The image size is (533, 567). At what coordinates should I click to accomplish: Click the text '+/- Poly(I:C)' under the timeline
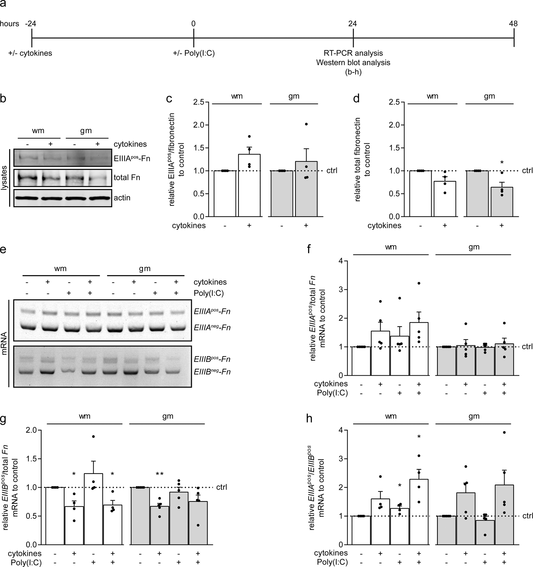tap(194, 53)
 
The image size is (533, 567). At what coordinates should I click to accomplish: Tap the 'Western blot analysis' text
tap(353, 62)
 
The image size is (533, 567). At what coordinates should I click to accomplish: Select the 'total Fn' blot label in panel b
tap(127, 178)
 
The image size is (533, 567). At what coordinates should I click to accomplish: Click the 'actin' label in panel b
tap(122, 198)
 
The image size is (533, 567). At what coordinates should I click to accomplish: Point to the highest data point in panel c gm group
tap(306, 124)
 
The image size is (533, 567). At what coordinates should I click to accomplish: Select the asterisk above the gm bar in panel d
tap(502, 163)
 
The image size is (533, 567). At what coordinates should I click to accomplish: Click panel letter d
tap(356, 98)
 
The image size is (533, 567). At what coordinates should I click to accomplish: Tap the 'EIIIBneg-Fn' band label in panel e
tap(212, 372)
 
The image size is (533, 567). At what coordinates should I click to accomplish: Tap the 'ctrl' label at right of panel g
tap(222, 487)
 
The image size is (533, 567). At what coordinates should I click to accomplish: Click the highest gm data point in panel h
tap(504, 432)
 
